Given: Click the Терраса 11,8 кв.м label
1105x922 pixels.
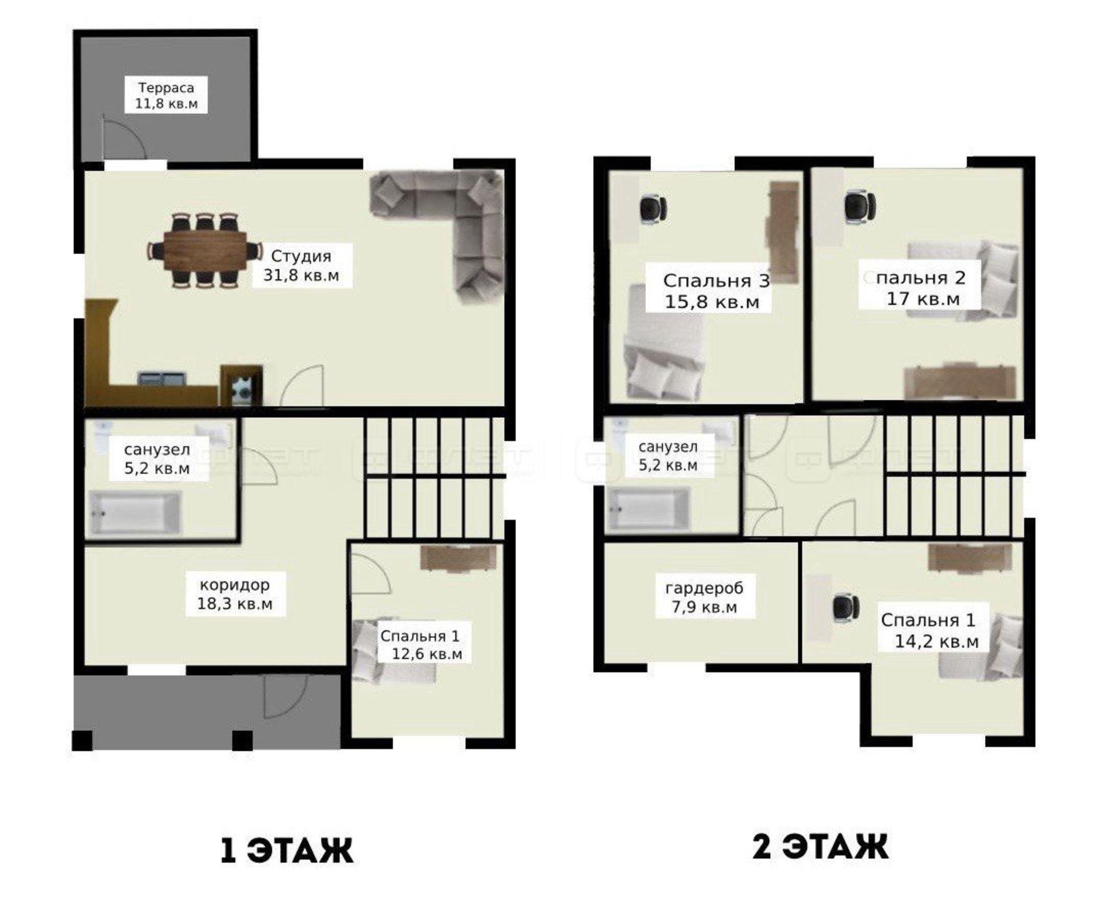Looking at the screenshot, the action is point(166,96).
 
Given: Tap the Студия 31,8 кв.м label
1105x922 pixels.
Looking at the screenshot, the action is point(301,265).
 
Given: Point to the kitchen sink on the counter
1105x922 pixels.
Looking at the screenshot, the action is point(161,379).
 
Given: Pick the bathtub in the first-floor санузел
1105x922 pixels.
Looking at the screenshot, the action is point(135,512).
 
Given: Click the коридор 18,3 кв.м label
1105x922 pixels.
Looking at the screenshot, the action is point(235,594).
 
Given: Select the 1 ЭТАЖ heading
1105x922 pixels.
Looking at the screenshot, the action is point(286,850).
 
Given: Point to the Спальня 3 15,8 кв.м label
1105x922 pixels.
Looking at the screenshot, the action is point(716,291).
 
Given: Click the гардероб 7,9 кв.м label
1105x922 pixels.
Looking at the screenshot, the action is point(704,598).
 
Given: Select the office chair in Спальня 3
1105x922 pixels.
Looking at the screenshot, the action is point(653,210).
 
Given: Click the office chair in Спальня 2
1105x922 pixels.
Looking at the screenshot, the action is point(860,207).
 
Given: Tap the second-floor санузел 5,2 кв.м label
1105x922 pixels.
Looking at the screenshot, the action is point(668,456).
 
